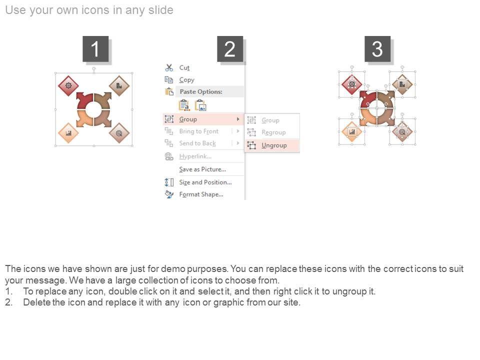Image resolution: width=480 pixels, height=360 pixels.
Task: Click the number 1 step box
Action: coord(95,48)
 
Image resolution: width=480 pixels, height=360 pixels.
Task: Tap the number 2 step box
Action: coord(230,48)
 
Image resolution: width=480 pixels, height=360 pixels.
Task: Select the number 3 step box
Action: coord(377,48)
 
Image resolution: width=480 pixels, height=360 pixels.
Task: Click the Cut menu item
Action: coord(184,67)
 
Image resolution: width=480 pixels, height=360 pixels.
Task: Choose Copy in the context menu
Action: coord(186,80)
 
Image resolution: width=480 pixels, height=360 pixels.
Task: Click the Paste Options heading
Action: coord(201,91)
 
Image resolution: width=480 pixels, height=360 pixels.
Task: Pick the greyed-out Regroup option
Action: coord(273,132)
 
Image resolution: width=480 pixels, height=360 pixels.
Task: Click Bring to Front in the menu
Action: coord(199,131)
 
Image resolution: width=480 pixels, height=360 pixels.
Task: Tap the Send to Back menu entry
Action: coord(197,143)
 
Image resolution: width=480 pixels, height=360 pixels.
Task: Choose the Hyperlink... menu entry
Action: coord(195,156)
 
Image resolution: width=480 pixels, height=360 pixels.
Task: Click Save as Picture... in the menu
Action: coord(202,169)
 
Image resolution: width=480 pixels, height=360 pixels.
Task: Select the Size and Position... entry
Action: coord(205,182)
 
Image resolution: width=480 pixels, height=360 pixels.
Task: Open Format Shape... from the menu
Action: coord(201,194)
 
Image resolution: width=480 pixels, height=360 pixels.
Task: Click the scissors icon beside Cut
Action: coord(169,67)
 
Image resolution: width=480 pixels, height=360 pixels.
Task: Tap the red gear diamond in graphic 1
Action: coord(68,85)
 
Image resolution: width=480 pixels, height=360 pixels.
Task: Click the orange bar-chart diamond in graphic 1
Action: coord(68,133)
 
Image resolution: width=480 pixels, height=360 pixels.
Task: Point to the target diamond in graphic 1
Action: coord(119,133)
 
